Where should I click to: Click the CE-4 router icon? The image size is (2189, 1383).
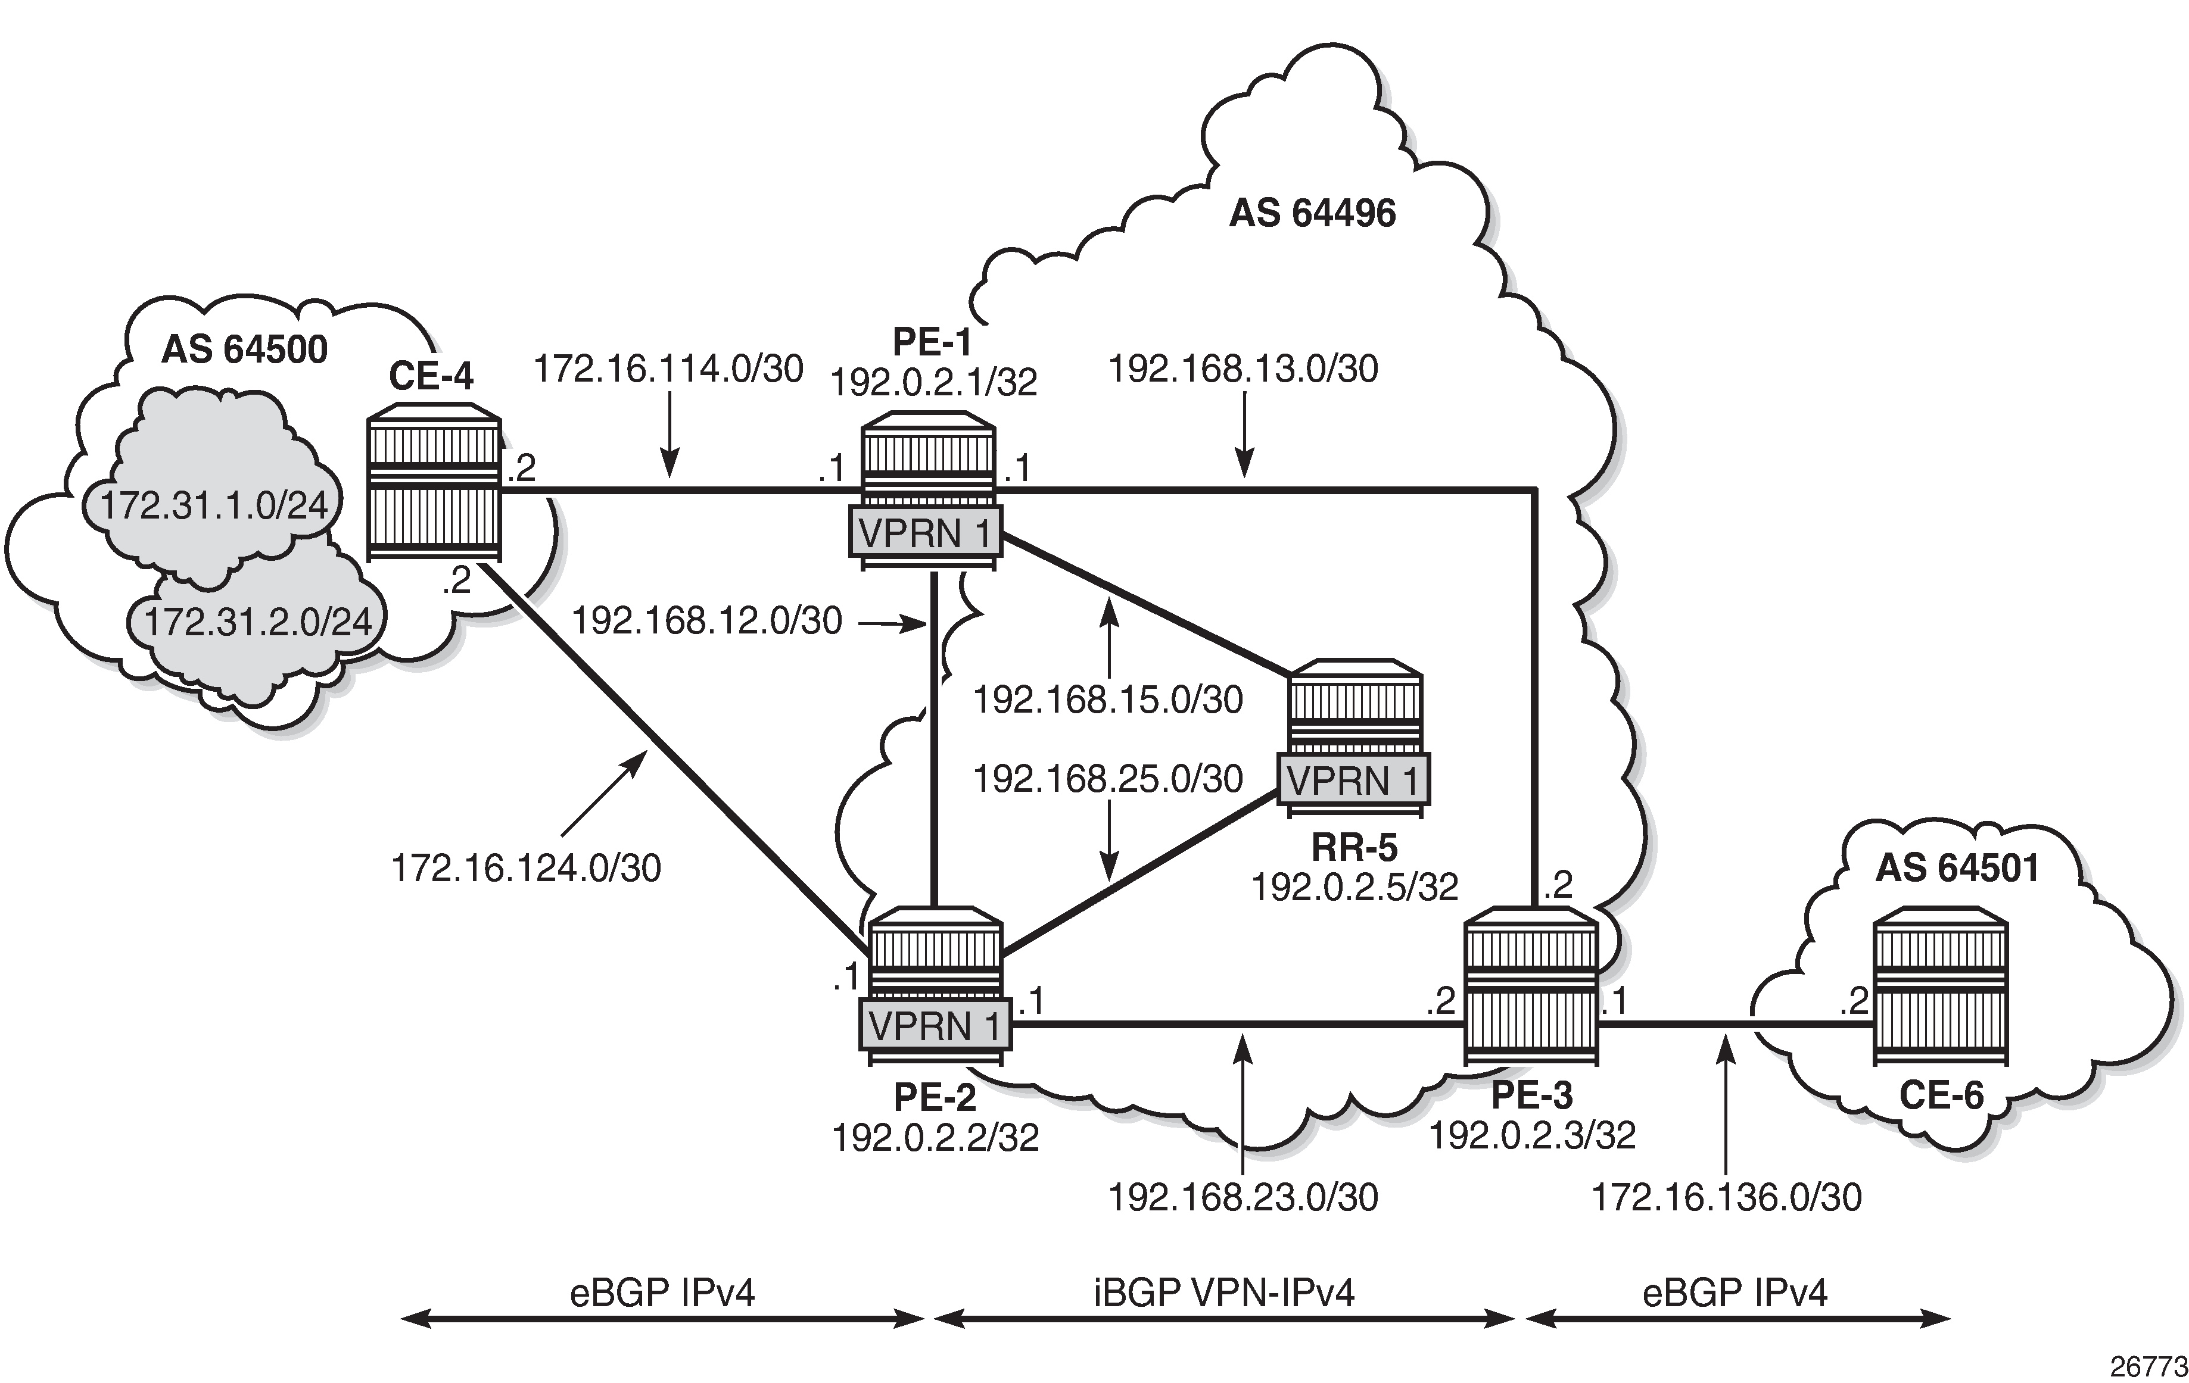435,489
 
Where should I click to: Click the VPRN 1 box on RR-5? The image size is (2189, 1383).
1353,781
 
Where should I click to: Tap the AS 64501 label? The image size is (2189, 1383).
1957,869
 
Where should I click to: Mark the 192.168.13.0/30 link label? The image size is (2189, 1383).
1243,369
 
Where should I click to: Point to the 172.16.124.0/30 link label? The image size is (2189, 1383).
525,869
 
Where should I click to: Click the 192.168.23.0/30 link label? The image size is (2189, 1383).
1243,1198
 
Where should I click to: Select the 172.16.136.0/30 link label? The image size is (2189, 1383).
1726,1198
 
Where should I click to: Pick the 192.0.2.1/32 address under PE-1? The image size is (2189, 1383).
933,383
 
